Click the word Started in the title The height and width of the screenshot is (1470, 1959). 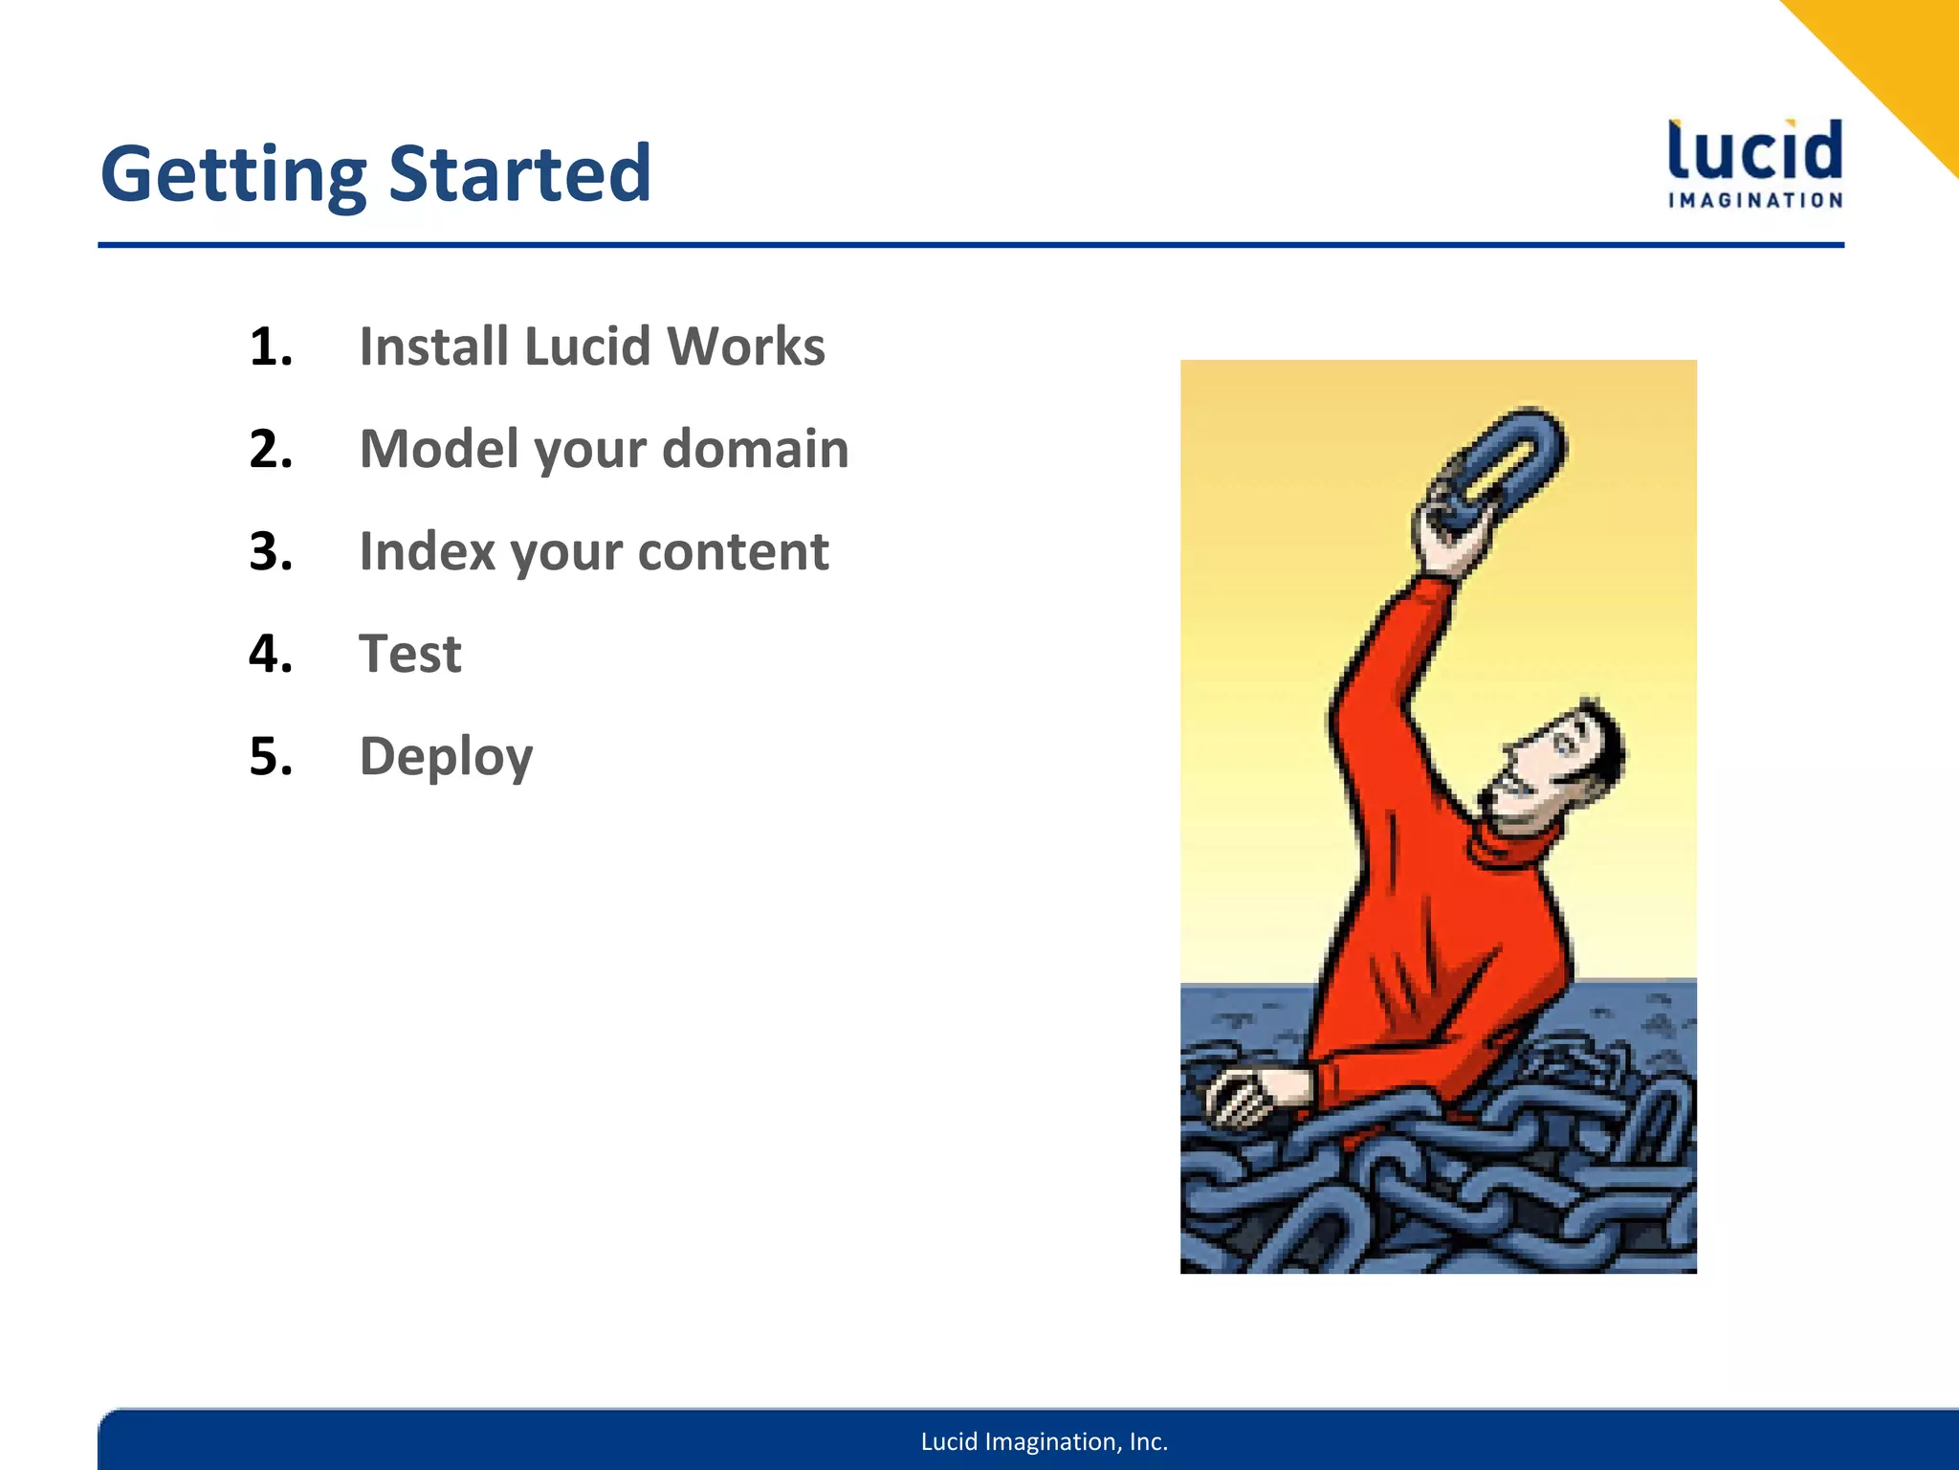click(x=520, y=175)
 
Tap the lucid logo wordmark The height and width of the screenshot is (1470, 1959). click(x=1755, y=151)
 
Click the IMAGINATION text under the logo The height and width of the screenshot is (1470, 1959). click(x=1755, y=201)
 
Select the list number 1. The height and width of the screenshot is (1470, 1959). click(x=270, y=346)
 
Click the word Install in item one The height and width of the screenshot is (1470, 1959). click(x=432, y=346)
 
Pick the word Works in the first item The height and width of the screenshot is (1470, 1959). click(x=746, y=346)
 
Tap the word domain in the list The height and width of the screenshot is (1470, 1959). click(x=755, y=449)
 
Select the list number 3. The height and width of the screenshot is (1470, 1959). click(x=270, y=552)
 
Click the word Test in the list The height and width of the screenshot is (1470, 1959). click(x=410, y=655)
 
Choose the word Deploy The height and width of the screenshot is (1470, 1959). click(x=446, y=757)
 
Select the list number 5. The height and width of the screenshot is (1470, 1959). click(x=270, y=757)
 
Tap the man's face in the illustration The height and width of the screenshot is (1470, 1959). click(x=1550, y=766)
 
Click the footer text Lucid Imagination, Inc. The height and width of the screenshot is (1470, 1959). click(x=1044, y=1441)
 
